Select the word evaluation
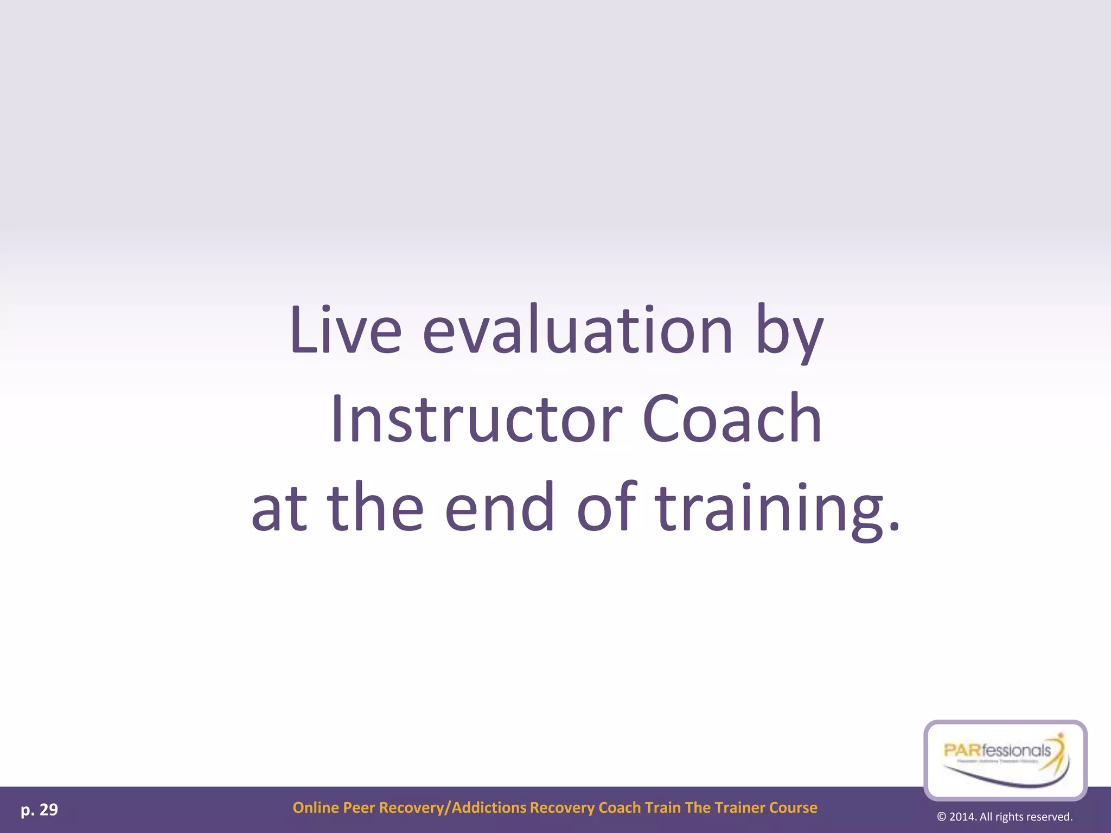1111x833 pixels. pos(578,330)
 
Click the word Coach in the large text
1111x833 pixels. pos(732,419)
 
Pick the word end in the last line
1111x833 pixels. pos(500,508)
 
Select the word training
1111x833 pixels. pos(778,510)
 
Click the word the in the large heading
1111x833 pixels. pos(375,508)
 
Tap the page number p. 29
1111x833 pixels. pos(39,810)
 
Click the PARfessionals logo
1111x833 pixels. pos(1005,759)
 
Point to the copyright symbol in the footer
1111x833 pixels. pos(941,817)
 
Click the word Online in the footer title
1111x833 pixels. pos(315,808)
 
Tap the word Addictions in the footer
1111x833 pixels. pos(489,808)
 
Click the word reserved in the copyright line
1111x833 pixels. pos(1049,817)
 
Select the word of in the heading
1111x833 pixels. pos(606,508)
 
